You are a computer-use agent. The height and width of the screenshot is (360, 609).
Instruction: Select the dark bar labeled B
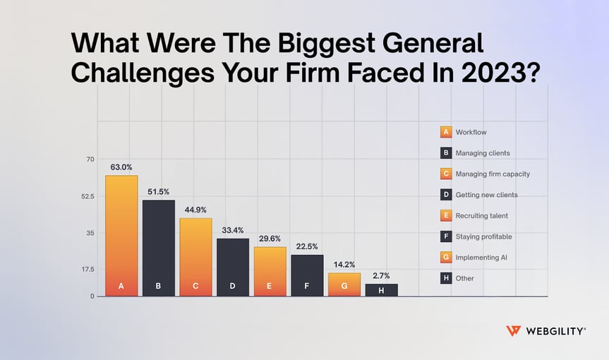(158, 248)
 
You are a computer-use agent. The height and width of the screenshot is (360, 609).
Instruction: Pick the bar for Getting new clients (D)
(233, 267)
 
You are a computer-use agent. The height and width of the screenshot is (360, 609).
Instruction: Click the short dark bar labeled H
(381, 289)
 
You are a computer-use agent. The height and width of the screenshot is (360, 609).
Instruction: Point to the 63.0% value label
(121, 167)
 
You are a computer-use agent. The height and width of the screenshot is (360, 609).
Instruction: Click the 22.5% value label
(307, 246)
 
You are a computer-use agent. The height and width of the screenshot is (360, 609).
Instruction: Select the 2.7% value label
(381, 276)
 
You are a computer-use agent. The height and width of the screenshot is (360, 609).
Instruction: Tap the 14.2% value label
(344, 265)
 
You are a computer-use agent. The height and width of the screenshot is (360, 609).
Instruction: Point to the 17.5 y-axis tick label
(86, 269)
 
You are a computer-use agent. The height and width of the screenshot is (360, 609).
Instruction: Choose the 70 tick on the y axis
(90, 160)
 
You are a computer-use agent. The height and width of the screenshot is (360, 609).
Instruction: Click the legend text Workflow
(471, 132)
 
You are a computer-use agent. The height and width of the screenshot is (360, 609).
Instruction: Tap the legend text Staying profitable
(484, 236)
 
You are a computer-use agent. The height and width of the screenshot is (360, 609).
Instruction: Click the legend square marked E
(445, 215)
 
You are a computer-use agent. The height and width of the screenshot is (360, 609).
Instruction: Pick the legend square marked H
(445, 278)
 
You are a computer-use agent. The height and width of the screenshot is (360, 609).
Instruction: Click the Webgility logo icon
(514, 331)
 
